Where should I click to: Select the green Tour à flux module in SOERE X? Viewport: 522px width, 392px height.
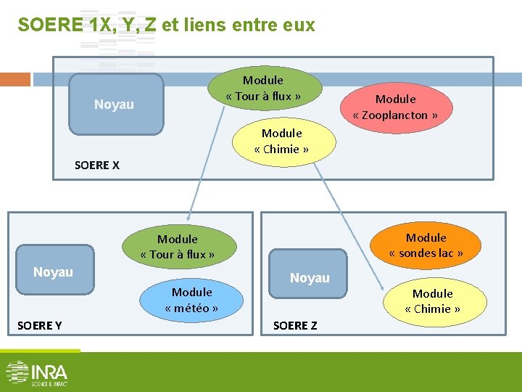pyautogui.click(x=263, y=89)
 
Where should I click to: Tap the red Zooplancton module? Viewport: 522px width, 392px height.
pyautogui.click(x=395, y=107)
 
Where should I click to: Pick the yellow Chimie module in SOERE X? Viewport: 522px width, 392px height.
pyautogui.click(x=281, y=141)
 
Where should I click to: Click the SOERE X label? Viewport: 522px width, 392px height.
pyautogui.click(x=96, y=165)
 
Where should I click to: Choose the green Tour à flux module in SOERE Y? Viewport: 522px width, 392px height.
pyautogui.click(x=178, y=247)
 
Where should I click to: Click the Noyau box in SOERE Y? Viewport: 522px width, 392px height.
pyautogui.click(x=54, y=271)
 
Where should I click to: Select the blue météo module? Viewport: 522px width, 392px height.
pyautogui.click(x=191, y=300)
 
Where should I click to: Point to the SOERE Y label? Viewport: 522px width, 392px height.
pyautogui.click(x=39, y=325)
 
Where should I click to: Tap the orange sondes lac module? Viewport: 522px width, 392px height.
pyautogui.click(x=426, y=245)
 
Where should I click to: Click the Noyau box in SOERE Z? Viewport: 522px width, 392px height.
pyautogui.click(x=310, y=277)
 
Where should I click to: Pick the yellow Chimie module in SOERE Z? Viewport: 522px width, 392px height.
pyautogui.click(x=432, y=301)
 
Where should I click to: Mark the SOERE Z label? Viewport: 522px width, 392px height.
pyautogui.click(x=295, y=325)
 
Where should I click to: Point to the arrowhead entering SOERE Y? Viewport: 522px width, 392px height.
pyautogui.click(x=188, y=216)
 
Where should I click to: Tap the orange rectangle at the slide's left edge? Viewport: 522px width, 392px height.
pyautogui.click(x=14, y=79)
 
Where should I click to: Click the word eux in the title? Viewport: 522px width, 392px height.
pyautogui.click(x=299, y=25)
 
